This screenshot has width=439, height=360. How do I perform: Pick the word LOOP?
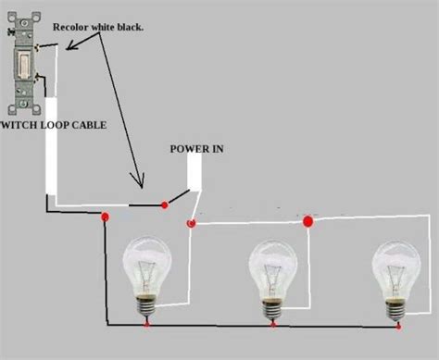coord(56,123)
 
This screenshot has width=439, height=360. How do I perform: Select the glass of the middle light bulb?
coord(272,265)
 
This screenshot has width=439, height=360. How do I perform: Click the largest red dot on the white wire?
coord(308,221)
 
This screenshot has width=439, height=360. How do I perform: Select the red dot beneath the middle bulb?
coord(273,325)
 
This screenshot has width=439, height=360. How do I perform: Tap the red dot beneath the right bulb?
coord(398,325)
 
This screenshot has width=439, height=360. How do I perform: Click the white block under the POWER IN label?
coord(194,172)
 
